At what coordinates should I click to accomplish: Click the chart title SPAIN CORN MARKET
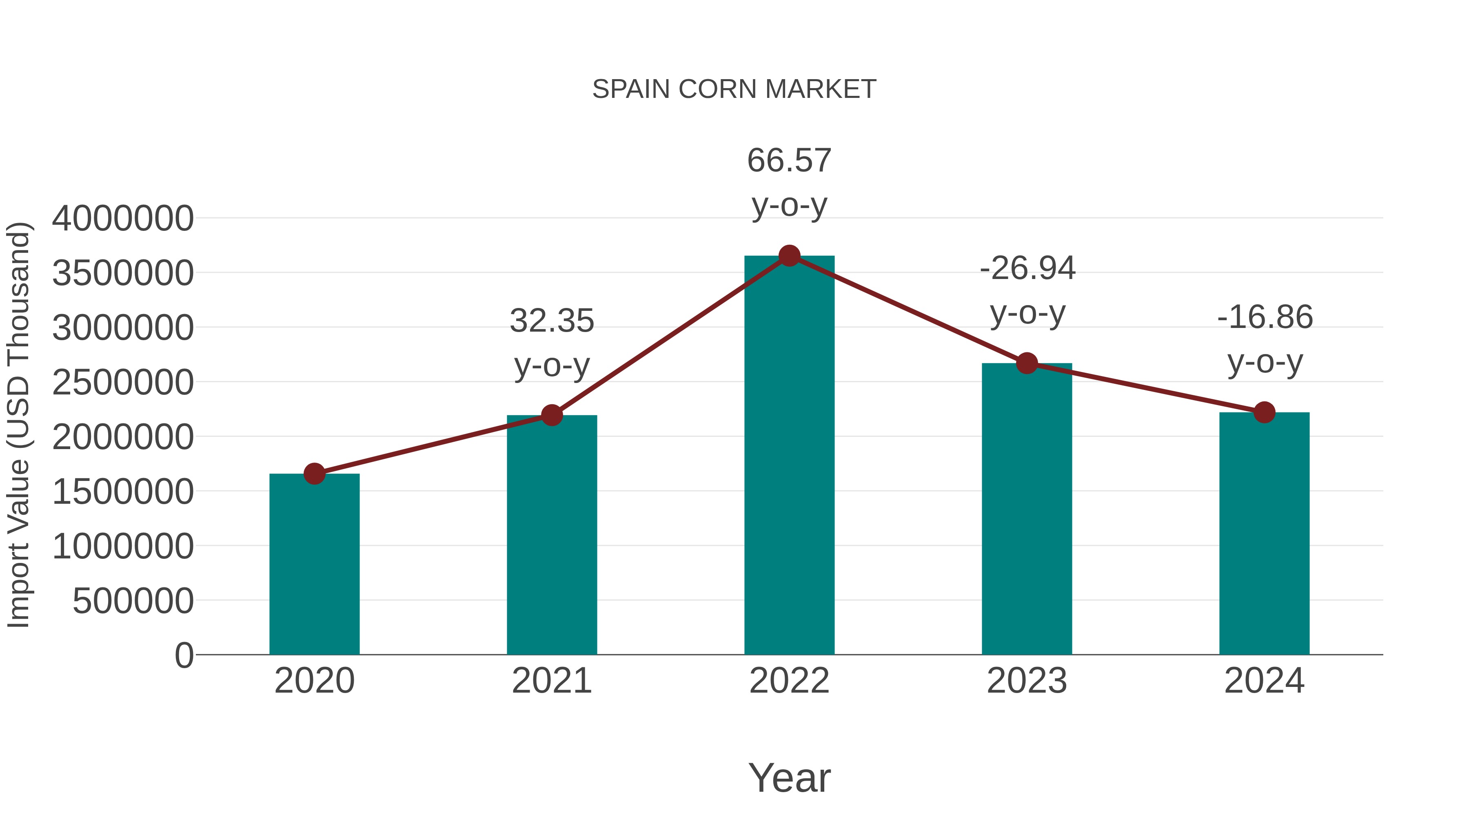734,89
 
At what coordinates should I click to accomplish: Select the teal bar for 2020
314,565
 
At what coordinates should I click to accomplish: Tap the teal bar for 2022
789,456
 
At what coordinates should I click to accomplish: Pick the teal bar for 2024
1264,533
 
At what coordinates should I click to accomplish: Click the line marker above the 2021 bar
551,415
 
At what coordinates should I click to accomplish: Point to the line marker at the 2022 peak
789,256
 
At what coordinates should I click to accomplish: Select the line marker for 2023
1027,363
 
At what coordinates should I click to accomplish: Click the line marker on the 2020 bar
314,473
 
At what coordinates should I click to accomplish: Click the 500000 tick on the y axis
133,601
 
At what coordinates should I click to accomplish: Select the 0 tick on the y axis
184,655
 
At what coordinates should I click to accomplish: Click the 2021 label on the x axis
551,681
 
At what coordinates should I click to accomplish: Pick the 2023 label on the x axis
1027,681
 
